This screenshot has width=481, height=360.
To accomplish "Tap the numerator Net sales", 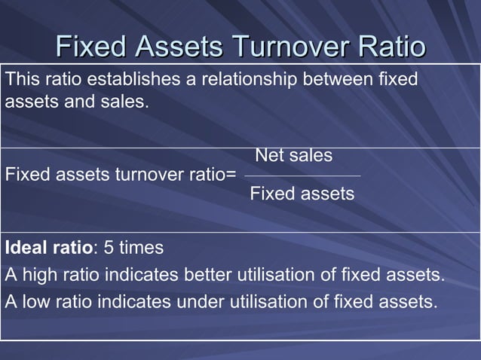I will point(294,156).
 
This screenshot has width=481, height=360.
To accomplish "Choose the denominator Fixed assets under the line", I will point(302,194).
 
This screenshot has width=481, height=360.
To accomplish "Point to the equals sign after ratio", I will point(231,175).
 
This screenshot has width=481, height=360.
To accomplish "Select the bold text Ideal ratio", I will point(48,249).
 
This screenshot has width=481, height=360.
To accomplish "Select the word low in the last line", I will point(35,304).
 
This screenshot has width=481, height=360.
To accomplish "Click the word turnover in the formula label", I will point(141,175).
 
